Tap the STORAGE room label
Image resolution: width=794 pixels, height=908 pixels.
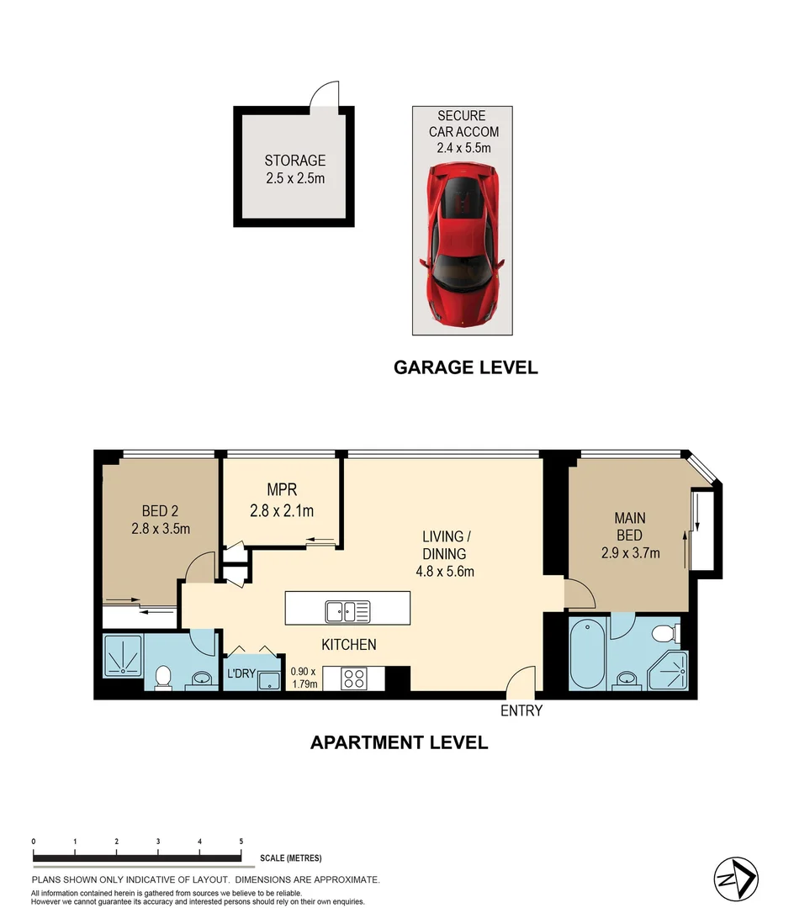294,161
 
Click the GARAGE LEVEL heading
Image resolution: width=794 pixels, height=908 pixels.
465,367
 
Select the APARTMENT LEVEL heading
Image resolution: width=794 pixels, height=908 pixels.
399,742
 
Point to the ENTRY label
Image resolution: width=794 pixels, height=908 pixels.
521,711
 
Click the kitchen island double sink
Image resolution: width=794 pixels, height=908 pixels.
347,611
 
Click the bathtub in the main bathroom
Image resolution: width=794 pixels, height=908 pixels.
586,654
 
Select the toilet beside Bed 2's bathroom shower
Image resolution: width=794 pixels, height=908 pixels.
165,675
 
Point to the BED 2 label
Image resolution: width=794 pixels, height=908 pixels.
161,509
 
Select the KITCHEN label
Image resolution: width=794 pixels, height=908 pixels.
348,645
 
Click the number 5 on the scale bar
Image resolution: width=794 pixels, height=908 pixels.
241,841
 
